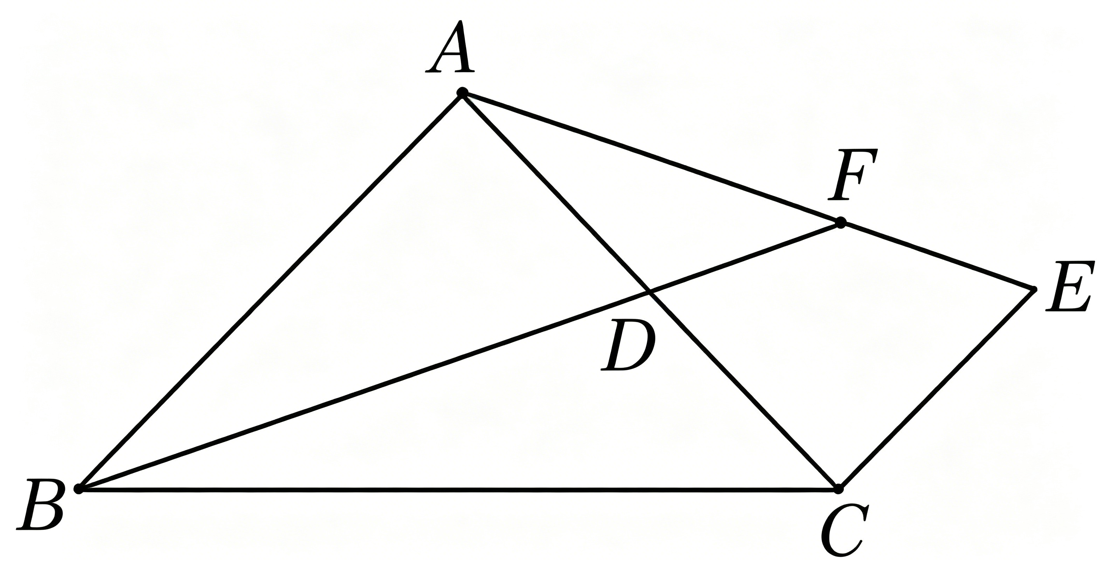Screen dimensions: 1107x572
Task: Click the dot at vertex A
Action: [462, 92]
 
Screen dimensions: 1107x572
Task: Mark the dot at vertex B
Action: [79, 488]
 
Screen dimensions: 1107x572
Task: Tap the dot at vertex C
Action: [838, 488]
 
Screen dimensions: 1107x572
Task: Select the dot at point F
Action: [841, 223]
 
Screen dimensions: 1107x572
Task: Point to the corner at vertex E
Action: [1033, 289]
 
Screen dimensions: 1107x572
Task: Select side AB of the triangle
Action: [270, 291]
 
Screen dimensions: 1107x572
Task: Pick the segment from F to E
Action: [937, 256]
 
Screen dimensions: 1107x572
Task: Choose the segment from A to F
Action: [651, 158]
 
